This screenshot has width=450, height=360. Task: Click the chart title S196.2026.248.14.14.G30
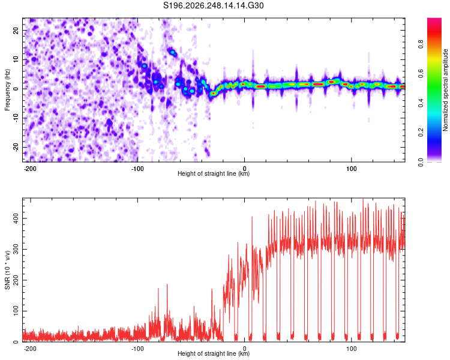(x=213, y=5)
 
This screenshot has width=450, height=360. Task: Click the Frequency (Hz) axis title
(x=7, y=90)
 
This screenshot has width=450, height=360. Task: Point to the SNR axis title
(x=7, y=270)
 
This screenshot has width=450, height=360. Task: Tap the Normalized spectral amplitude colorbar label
(x=445, y=90)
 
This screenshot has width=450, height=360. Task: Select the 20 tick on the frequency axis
(x=16, y=31)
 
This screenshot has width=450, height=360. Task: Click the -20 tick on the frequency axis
(x=16, y=147)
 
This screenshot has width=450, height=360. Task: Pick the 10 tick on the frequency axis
(x=16, y=60)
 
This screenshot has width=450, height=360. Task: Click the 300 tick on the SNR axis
(x=16, y=250)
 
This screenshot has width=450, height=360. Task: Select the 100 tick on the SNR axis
(x=16, y=311)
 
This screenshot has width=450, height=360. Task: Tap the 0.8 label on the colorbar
(x=421, y=44)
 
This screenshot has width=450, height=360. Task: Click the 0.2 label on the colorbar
(x=421, y=133)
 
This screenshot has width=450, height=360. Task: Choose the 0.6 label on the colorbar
(x=421, y=74)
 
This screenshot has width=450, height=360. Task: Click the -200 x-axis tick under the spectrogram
(x=29, y=169)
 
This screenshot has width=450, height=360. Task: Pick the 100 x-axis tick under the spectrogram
(x=351, y=169)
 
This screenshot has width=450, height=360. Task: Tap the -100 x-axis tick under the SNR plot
(x=137, y=349)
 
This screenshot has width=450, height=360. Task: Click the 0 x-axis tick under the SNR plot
(x=245, y=349)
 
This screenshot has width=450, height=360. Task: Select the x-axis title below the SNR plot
(x=214, y=353)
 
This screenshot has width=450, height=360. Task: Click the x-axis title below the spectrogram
(x=214, y=173)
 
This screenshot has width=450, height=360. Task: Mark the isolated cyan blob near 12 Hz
(x=173, y=53)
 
